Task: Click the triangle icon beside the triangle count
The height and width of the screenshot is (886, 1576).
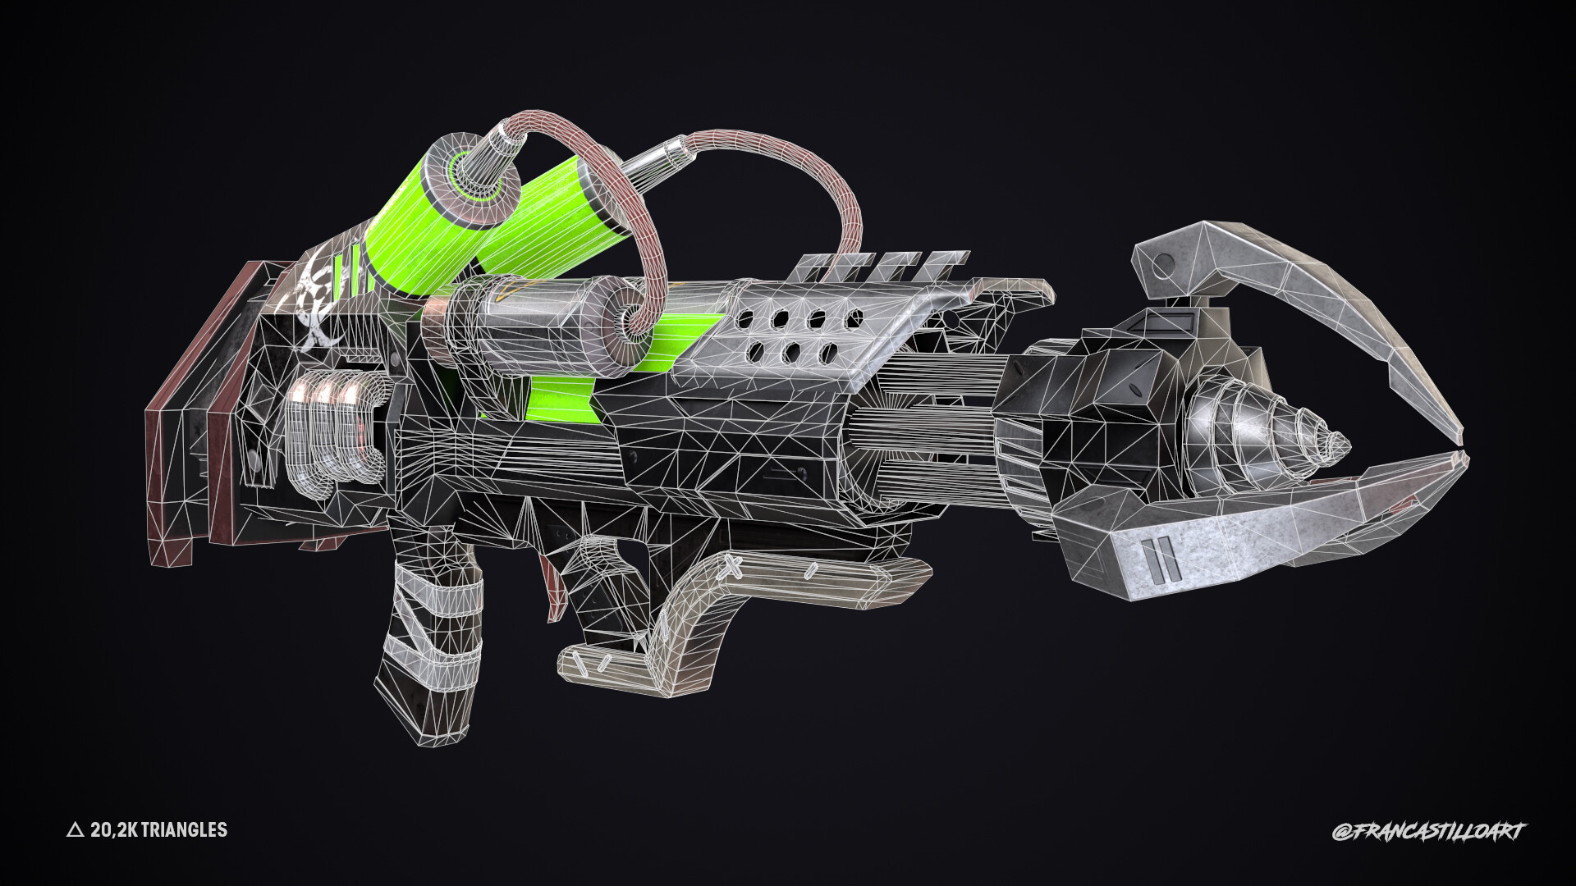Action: point(75,831)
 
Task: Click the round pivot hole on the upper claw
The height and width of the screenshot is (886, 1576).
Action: point(1164,264)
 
